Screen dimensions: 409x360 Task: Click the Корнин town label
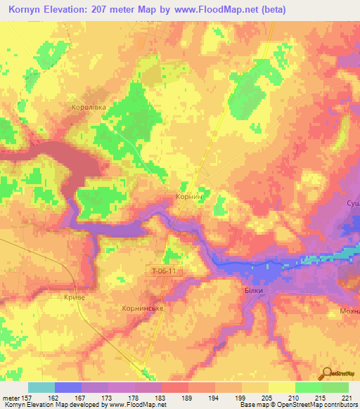[189, 199]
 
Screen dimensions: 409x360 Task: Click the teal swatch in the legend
[41, 387]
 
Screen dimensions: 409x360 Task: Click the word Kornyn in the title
[30, 10]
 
